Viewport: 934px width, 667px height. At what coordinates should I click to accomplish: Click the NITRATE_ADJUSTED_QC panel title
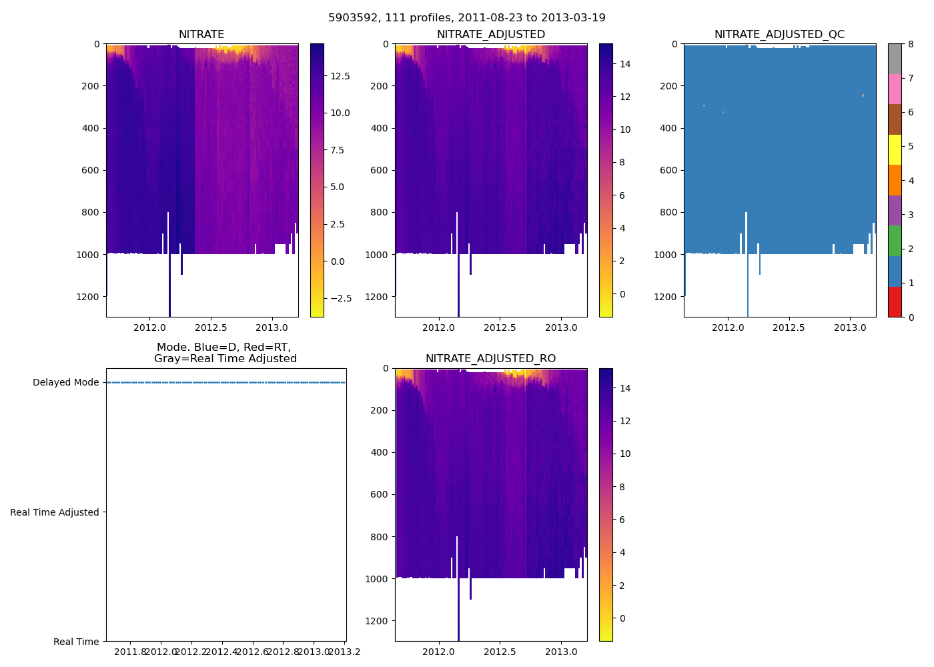[x=779, y=35]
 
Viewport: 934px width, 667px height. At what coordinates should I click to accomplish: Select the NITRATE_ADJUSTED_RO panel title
[x=490, y=359]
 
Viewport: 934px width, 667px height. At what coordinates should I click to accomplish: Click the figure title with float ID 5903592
[x=467, y=18]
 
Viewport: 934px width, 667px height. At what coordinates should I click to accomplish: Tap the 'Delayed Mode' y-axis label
[x=65, y=383]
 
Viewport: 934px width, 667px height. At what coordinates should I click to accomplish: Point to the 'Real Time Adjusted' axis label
[x=55, y=512]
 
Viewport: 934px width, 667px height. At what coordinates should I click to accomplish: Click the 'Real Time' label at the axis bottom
[x=76, y=642]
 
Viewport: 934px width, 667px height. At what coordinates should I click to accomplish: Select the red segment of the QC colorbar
[x=895, y=301]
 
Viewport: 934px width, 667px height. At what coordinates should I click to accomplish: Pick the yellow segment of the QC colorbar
[x=895, y=149]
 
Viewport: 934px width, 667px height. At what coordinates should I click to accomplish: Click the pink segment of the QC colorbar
[x=895, y=89]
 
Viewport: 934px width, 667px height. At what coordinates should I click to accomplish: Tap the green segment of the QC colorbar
[x=895, y=240]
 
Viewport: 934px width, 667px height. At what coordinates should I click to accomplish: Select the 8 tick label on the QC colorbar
[x=910, y=44]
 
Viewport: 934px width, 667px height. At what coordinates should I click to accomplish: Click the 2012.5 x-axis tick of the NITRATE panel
[x=211, y=327]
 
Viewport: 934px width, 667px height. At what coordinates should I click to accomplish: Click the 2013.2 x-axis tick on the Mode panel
[x=344, y=652]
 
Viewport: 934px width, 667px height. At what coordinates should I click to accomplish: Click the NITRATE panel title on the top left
[x=201, y=35]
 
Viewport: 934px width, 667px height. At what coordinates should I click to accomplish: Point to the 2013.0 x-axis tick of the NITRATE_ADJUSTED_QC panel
[x=850, y=327]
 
